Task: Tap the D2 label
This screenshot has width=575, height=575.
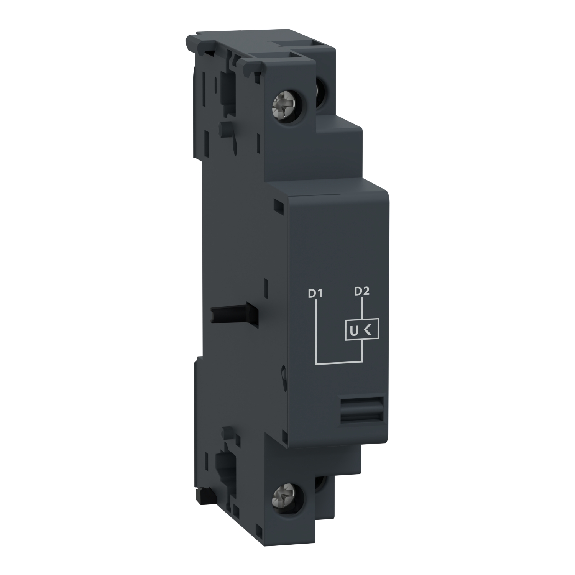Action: [x=361, y=292]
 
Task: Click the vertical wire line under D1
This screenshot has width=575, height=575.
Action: [x=315, y=330]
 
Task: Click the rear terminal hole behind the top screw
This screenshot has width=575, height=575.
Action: [x=320, y=99]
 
